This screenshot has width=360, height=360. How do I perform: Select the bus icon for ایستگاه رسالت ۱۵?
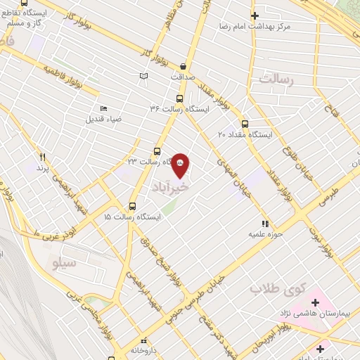click(132, 207)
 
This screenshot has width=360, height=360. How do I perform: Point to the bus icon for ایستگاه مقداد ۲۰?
click(245, 121)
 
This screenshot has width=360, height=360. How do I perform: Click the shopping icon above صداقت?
click(184, 64)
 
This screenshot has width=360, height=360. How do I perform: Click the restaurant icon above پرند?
click(42, 157)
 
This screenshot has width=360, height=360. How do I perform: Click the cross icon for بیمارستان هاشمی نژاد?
click(315, 303)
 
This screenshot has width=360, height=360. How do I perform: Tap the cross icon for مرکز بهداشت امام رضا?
click(255, 15)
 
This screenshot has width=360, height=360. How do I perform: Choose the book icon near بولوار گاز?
click(144, 75)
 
